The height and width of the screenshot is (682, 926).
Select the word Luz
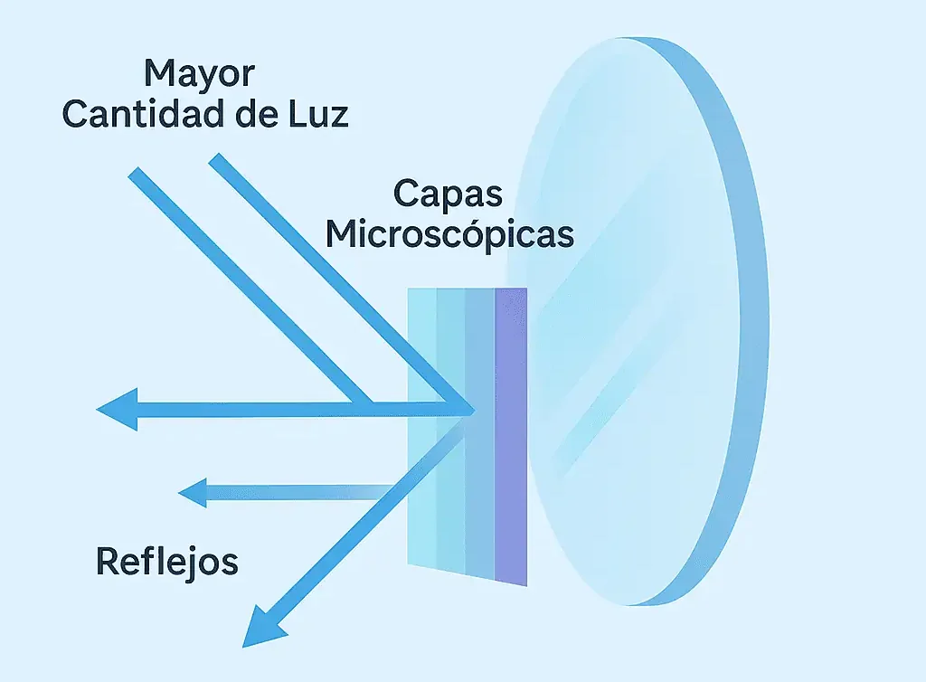317,116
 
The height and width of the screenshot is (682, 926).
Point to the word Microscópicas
449,234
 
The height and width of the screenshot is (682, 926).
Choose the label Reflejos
167,562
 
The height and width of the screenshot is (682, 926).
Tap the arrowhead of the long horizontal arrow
118,409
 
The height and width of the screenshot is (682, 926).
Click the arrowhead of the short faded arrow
193,493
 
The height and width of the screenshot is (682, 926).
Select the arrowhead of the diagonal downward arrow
262,624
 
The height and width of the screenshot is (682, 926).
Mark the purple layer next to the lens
511,434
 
